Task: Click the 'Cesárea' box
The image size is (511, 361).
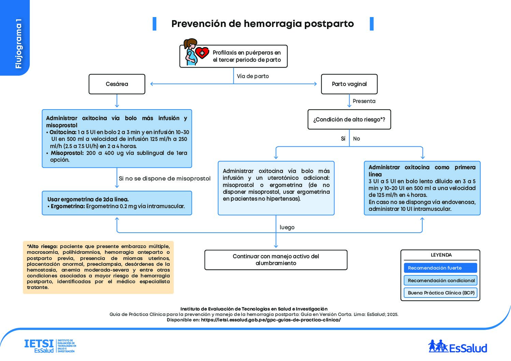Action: tap(117, 84)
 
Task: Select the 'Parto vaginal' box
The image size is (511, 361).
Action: tap(349, 84)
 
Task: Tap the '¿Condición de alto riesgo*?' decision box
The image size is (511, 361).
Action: tap(349, 119)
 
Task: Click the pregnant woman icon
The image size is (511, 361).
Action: tap(190, 52)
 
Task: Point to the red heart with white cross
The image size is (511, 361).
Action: tap(202, 53)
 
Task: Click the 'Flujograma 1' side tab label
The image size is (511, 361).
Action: tap(18, 44)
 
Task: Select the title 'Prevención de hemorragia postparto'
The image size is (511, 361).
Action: tap(262, 24)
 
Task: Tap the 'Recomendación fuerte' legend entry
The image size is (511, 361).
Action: tap(440, 268)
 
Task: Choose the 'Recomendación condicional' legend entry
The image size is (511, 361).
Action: tap(440, 280)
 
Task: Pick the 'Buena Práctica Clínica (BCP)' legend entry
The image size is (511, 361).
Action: tap(440, 293)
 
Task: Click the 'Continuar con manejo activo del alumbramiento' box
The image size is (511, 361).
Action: tap(276, 260)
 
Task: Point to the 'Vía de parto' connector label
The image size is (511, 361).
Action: tap(253, 76)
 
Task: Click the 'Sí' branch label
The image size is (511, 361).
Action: tap(343, 139)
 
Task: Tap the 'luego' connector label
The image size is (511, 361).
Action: tap(287, 227)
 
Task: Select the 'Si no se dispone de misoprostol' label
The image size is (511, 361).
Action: tap(165, 178)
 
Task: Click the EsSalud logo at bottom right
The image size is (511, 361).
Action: tap(458, 347)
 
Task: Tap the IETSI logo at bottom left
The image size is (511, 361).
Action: tap(50, 346)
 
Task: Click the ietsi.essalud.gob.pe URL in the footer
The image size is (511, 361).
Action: tap(271, 320)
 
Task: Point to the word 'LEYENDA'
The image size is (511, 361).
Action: tap(441, 255)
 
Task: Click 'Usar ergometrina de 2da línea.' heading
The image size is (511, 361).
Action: tap(88, 199)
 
